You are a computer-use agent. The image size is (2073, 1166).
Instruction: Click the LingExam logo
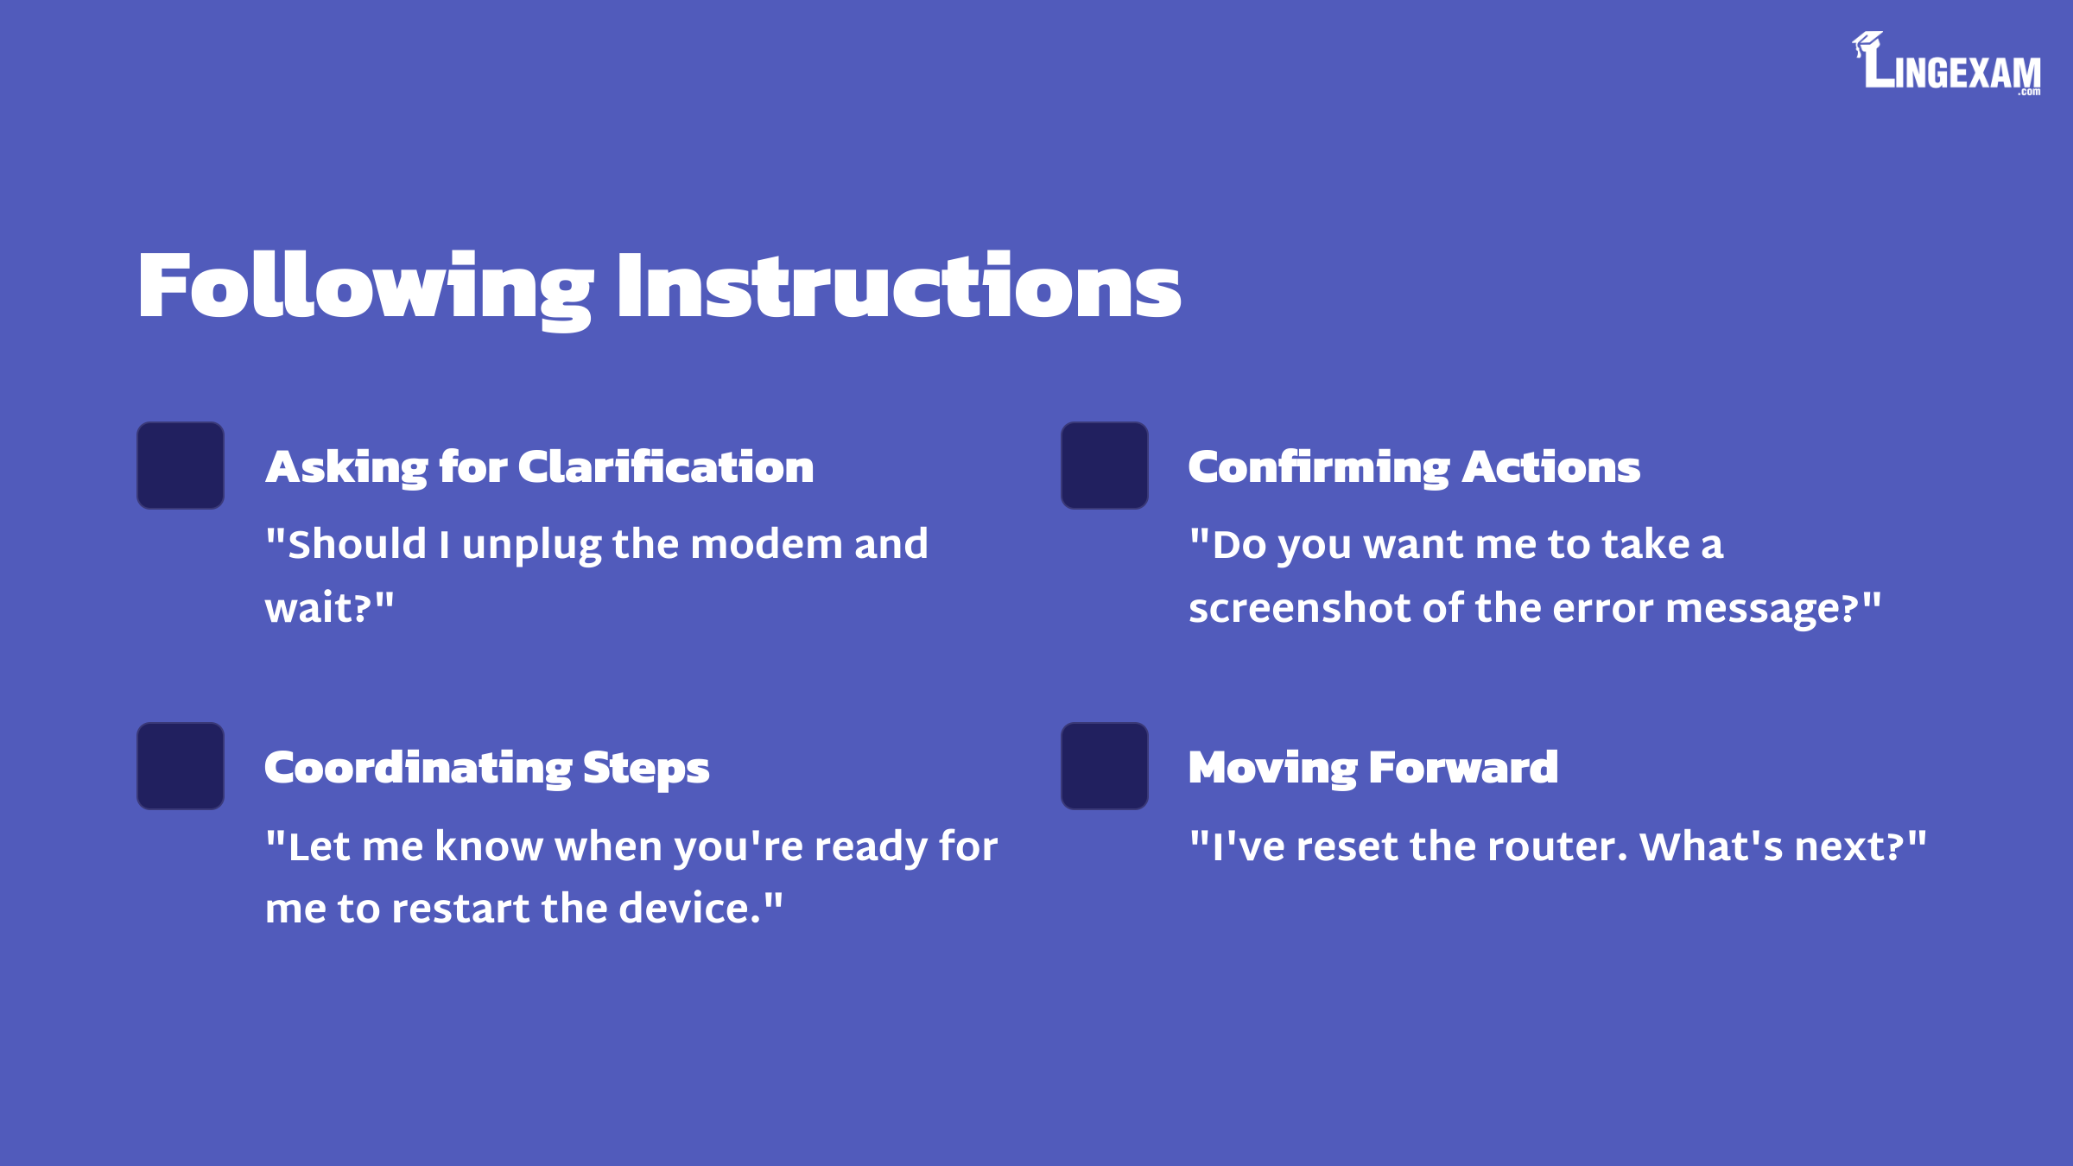[x=1947, y=63]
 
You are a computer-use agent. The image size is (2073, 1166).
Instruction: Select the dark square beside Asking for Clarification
[x=181, y=466]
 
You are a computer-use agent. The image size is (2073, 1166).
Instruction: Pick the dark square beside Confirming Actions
[x=1105, y=466]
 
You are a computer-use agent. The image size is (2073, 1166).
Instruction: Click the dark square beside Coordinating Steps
[x=181, y=766]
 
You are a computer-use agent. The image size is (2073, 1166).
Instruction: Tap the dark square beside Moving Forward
[x=1105, y=766]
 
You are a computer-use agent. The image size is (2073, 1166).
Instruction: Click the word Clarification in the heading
[x=666, y=466]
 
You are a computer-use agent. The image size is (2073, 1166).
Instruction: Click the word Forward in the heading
[x=1464, y=767]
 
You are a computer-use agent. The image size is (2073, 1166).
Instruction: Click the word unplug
[x=531, y=547]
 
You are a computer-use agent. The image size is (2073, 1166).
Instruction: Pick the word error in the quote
[x=1603, y=609]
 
